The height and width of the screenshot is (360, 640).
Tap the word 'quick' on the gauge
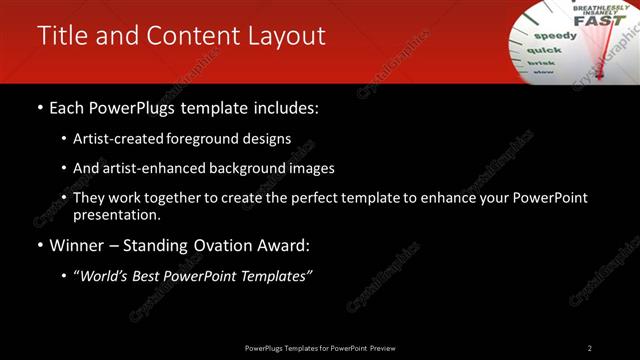tap(544, 49)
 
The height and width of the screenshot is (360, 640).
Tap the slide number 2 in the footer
tap(589, 348)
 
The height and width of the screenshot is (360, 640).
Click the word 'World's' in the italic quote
tap(110, 275)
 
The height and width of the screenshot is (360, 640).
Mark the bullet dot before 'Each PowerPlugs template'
tap(39, 107)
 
